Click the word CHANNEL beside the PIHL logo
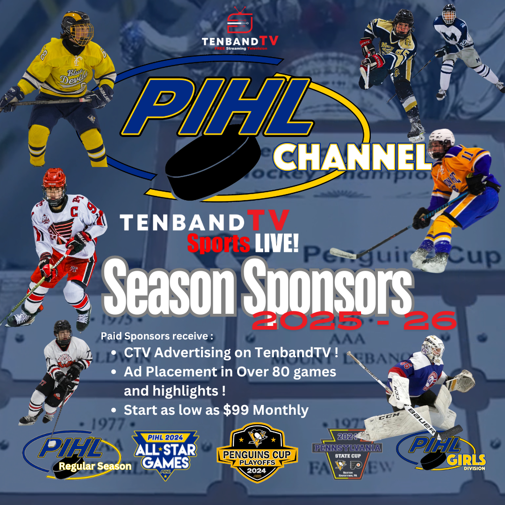(352, 156)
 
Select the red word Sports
(218, 243)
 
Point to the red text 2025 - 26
(354, 320)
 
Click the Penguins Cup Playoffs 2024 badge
(257, 453)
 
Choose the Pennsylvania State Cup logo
(347, 454)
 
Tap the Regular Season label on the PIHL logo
(95, 466)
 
